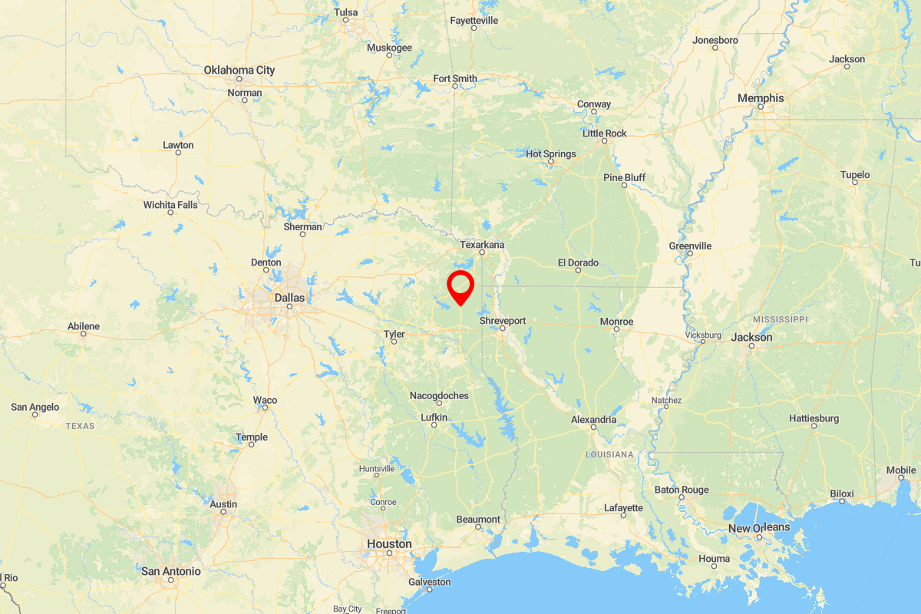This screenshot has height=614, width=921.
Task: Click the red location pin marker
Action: click(x=460, y=287)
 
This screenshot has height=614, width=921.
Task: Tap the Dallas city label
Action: click(x=289, y=297)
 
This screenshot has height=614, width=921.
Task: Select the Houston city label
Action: click(x=389, y=543)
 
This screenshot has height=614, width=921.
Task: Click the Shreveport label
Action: click(x=503, y=320)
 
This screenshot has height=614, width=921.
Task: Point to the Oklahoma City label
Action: click(x=239, y=70)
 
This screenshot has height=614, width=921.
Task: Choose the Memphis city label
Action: click(x=761, y=97)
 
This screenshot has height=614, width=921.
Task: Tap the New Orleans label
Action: click(x=759, y=527)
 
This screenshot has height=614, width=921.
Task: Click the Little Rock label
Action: click(x=605, y=133)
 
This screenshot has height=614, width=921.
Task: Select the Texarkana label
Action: click(x=482, y=244)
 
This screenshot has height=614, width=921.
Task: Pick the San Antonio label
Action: click(x=171, y=571)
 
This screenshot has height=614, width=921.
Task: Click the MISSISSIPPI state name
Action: click(x=780, y=319)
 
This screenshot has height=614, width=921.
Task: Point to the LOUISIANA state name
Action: click(x=609, y=454)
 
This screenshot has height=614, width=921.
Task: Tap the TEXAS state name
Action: click(x=80, y=425)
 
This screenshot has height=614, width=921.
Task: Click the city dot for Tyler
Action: click(x=394, y=342)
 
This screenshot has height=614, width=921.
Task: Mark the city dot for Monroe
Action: click(x=616, y=329)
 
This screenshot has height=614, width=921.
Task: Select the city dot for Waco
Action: click(x=265, y=408)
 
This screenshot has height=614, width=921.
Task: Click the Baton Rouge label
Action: click(x=682, y=490)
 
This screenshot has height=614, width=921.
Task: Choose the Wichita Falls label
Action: click(x=170, y=205)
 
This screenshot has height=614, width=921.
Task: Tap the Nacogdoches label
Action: click(x=439, y=395)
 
